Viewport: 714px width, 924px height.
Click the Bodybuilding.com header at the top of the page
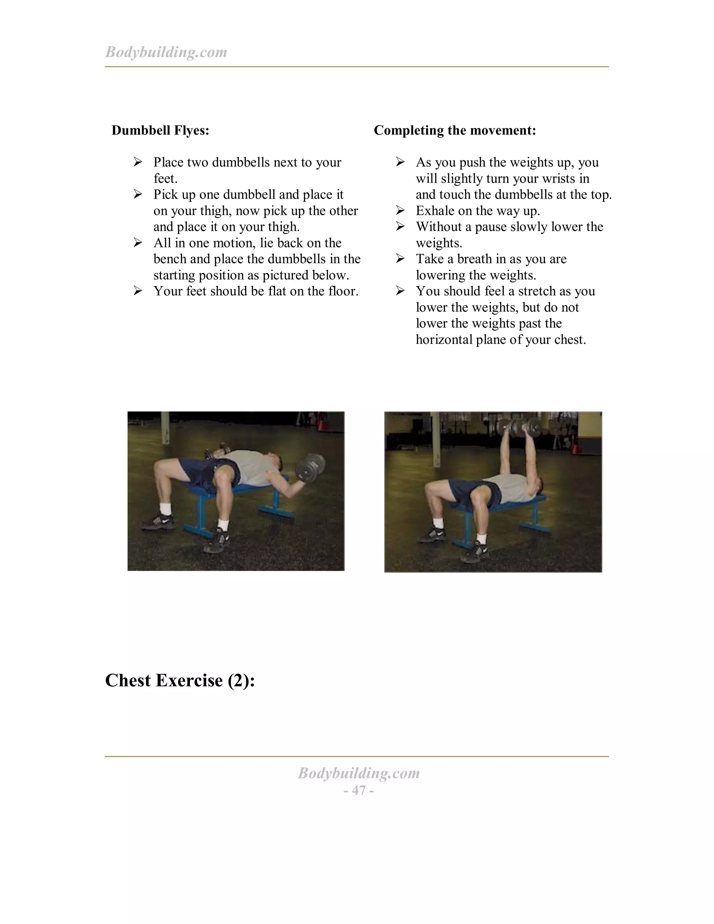[x=166, y=52]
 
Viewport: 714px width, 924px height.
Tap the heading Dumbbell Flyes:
[x=160, y=130]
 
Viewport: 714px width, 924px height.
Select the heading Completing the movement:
[x=455, y=130]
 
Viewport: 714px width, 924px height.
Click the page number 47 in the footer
[x=359, y=790]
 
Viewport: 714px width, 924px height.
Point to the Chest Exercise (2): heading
[x=180, y=681]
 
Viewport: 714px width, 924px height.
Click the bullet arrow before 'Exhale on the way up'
[x=400, y=210]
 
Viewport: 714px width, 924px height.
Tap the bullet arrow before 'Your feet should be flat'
[x=138, y=291]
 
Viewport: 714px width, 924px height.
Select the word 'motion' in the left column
[x=234, y=243]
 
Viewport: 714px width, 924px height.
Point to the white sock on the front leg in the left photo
[x=222, y=525]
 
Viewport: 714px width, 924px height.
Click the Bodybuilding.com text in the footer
[x=359, y=773]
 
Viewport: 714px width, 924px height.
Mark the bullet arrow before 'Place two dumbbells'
[x=138, y=162]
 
